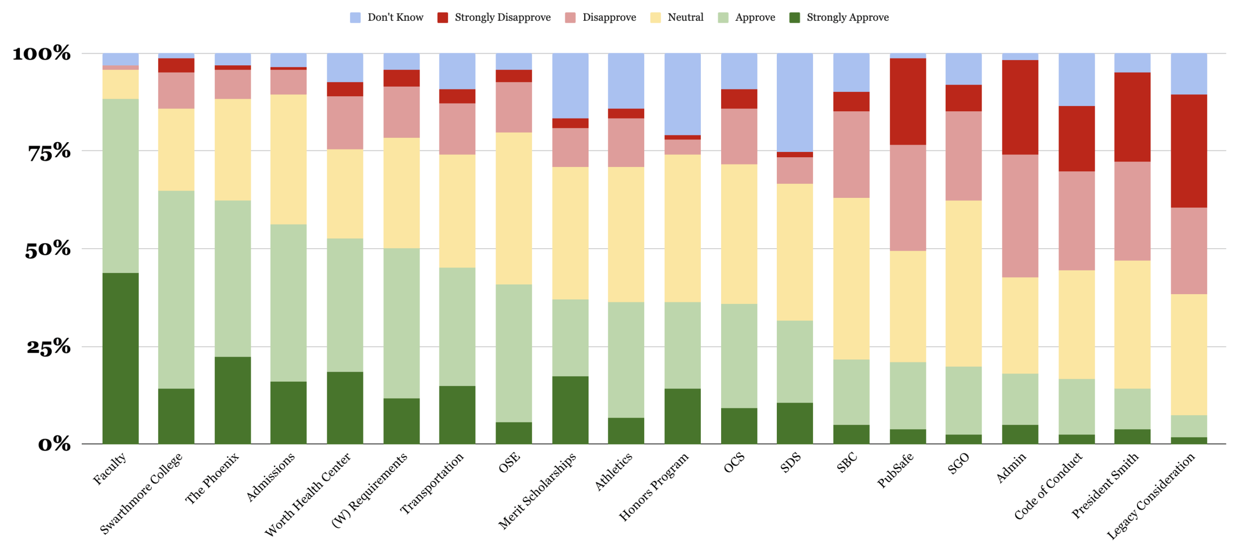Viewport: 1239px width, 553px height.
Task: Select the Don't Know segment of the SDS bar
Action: (794, 102)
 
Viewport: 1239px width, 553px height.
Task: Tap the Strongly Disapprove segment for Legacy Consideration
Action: (1188, 150)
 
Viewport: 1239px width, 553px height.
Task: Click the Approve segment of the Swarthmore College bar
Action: (176, 289)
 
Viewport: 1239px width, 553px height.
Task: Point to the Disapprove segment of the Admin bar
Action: (1020, 215)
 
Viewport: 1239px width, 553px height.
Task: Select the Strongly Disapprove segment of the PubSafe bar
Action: (907, 101)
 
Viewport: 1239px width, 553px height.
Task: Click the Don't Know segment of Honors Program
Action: (682, 94)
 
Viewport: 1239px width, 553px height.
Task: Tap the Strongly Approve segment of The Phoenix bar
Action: (232, 400)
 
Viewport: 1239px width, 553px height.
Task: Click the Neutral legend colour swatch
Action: (655, 18)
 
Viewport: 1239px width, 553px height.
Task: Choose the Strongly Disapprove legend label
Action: (502, 18)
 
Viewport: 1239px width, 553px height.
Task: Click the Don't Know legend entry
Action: (395, 18)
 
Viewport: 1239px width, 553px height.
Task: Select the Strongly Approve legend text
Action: (847, 18)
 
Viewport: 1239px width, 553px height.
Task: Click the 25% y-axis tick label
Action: (48, 347)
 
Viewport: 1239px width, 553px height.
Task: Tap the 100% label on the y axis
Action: (42, 53)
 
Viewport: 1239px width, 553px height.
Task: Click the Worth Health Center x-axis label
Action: (308, 493)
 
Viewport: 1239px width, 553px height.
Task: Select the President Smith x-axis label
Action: (1104, 485)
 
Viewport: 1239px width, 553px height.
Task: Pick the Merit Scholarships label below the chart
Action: (537, 490)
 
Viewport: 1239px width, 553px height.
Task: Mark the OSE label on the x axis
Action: (509, 462)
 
